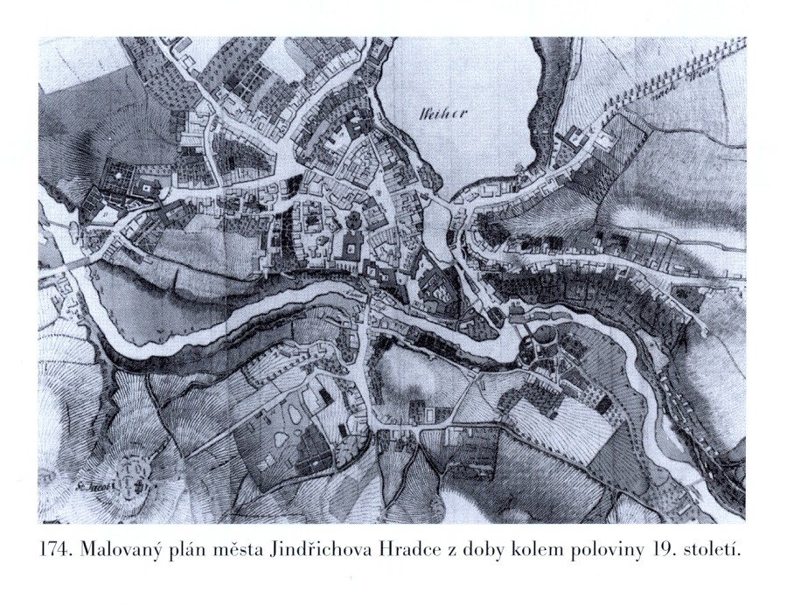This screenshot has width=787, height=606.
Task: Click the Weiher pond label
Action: [436, 113]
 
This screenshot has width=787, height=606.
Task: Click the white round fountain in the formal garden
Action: [146, 190]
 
